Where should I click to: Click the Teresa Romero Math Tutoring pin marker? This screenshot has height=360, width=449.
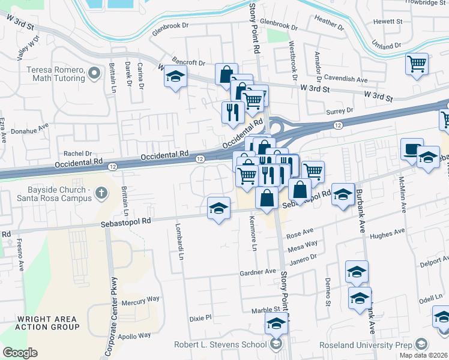click(x=93, y=73)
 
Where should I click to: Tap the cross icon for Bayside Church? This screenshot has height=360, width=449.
click(x=101, y=193)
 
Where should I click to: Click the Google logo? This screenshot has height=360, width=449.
click(x=20, y=353)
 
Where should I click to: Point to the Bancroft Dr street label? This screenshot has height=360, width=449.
click(x=188, y=62)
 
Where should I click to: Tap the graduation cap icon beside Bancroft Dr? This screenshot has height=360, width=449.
click(x=175, y=77)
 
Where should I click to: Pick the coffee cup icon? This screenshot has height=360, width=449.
click(x=412, y=148)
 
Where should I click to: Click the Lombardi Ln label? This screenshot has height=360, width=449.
click(x=179, y=242)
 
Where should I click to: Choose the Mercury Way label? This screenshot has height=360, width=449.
click(x=140, y=298)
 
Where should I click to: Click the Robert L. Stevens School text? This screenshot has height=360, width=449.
click(x=220, y=344)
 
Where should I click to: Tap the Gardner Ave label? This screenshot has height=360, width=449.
click(x=257, y=271)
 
